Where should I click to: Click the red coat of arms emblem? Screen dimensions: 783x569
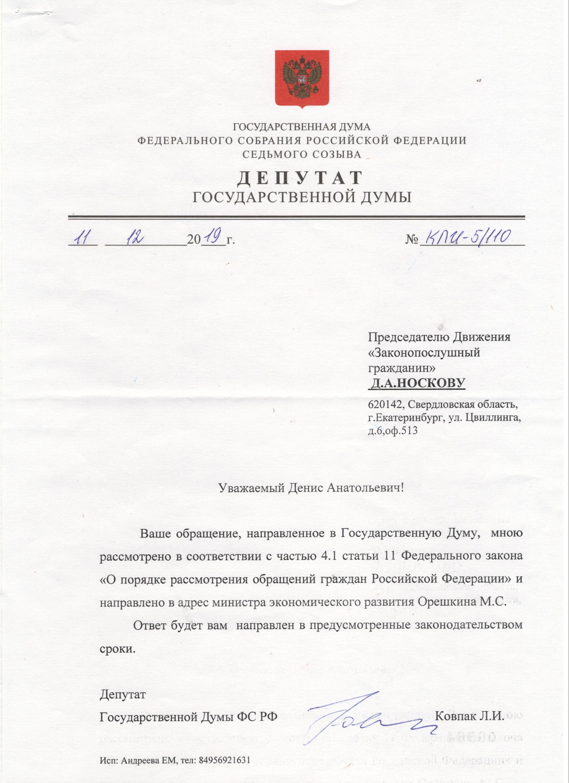pos(302,79)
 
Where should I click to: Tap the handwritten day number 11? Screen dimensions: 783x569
pos(82,238)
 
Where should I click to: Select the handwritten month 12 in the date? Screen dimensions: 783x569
pos(135,238)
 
